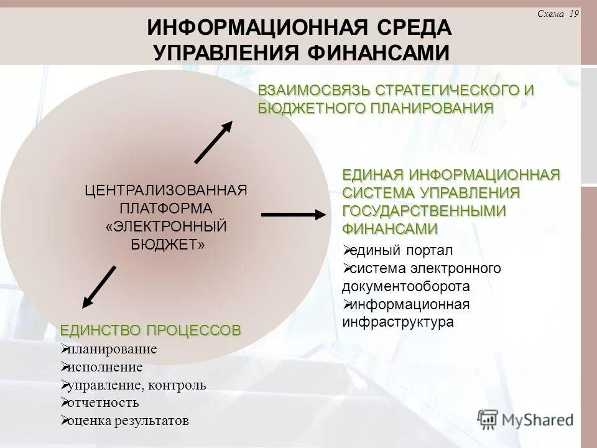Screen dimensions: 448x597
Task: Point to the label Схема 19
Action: (x=558, y=14)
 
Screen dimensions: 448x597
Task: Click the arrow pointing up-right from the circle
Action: (x=213, y=141)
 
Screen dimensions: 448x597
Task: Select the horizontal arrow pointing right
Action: (x=293, y=215)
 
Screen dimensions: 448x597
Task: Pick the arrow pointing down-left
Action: (x=99, y=287)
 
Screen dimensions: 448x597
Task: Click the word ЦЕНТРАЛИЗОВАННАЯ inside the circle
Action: (x=166, y=190)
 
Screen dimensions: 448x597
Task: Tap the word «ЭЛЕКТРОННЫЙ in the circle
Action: (x=166, y=226)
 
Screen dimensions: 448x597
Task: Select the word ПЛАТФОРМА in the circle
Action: (x=166, y=208)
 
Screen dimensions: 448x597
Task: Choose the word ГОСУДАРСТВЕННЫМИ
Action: (x=423, y=211)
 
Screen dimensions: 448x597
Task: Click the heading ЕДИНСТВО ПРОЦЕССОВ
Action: (x=149, y=330)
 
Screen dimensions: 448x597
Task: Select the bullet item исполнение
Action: (x=105, y=366)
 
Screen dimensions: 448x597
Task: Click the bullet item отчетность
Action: (x=103, y=403)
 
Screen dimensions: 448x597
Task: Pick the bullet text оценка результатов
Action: (x=127, y=421)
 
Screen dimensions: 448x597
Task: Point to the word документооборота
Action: (x=405, y=287)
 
